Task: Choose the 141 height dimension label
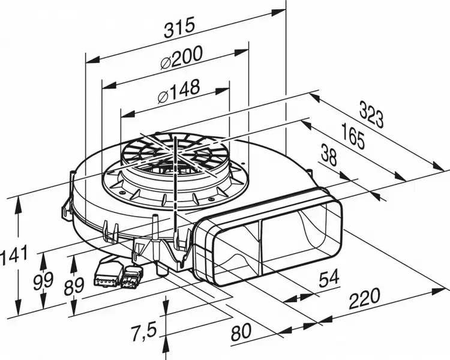pyautogui.click(x=13, y=254)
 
